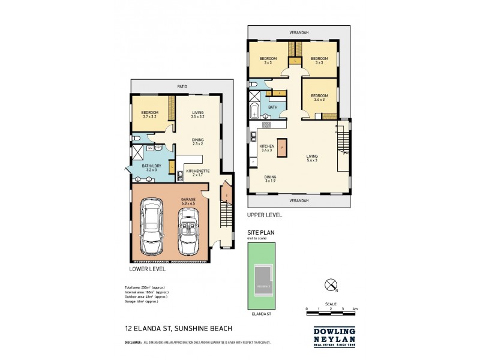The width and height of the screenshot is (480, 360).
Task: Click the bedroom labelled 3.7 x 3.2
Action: [x=150, y=115]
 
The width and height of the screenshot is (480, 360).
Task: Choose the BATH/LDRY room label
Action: [x=147, y=167]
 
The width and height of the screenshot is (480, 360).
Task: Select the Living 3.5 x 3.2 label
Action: [x=198, y=115]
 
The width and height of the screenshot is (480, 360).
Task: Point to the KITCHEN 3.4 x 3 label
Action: [x=266, y=148]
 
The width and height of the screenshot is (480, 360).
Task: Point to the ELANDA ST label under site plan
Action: [x=260, y=313]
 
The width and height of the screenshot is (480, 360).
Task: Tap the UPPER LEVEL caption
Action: [x=265, y=214]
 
